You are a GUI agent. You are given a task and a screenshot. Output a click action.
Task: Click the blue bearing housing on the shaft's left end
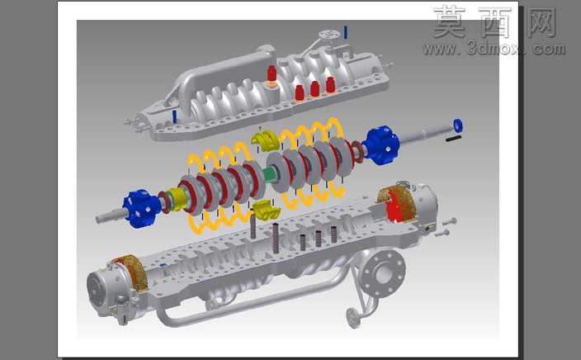tap(142, 208)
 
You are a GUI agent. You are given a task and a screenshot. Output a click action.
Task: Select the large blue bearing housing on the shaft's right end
tap(381, 145)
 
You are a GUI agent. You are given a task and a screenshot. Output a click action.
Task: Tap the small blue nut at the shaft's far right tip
tap(458, 126)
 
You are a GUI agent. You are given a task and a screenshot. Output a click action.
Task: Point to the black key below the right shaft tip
tap(453, 138)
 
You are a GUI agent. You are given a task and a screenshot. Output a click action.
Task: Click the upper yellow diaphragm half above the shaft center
tap(265, 140)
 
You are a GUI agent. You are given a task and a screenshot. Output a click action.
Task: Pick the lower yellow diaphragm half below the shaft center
tap(266, 210)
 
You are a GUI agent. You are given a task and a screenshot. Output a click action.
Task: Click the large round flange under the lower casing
tap(383, 275)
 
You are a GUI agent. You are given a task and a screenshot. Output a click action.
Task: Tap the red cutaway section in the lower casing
tap(395, 207)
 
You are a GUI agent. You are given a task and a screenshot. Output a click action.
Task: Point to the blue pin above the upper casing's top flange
tap(345, 33)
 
